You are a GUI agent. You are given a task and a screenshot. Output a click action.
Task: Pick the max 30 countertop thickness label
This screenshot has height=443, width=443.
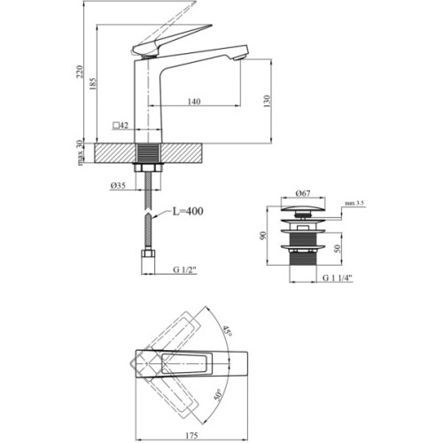pos(80,152)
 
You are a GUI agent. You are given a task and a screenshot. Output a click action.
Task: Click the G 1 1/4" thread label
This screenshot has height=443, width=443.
pos(334,277)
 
